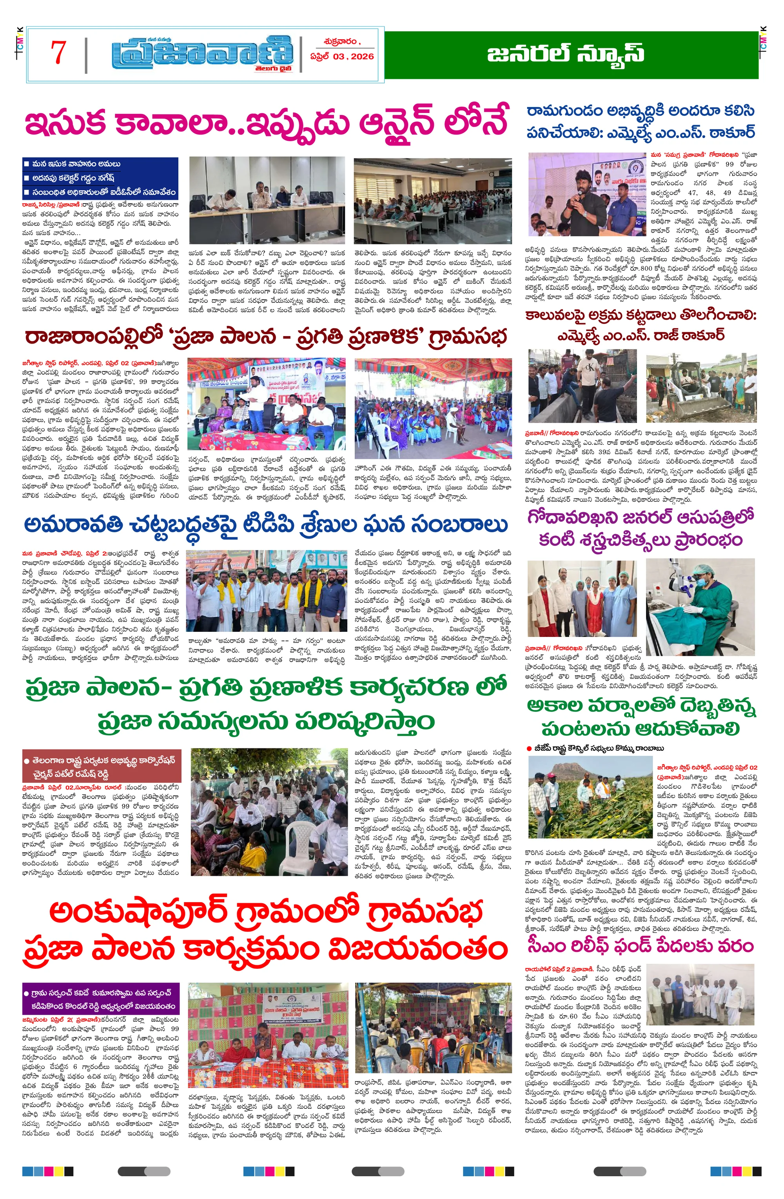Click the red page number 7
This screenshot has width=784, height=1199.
[58, 53]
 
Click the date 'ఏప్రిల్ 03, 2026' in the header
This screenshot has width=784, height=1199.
[342, 56]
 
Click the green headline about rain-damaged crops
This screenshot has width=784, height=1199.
[641, 718]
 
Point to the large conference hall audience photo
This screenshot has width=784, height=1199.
[432, 200]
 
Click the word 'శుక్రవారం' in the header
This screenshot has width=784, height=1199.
[341, 42]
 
